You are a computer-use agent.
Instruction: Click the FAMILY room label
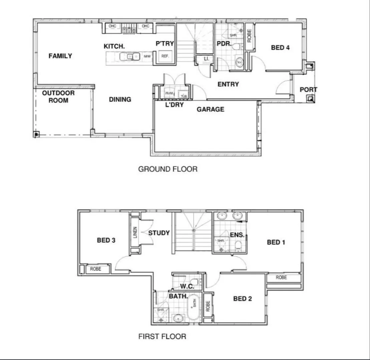point(60,56)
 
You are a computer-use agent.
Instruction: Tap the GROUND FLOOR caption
point(168,169)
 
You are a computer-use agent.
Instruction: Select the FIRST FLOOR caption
point(162,336)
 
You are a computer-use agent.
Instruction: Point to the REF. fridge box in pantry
point(165,56)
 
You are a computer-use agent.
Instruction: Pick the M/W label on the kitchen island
point(147,57)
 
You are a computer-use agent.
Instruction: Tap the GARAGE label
point(210,109)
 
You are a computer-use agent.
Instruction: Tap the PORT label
point(308,90)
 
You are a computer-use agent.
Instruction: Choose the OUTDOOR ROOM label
point(58,97)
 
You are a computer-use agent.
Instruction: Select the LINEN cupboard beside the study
point(135,232)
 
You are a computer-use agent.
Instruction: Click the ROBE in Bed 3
point(95,269)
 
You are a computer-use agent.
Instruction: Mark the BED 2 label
point(243,299)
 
